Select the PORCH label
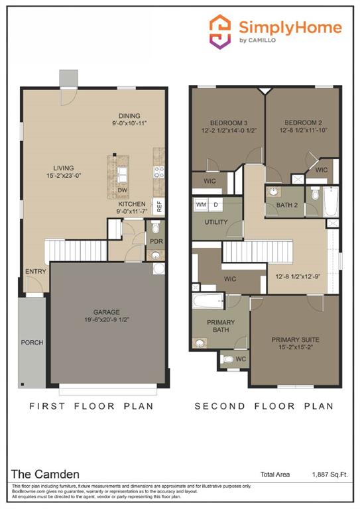coord(32,343)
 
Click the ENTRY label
coord(35,272)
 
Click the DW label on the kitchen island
coord(122,190)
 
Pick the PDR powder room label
coord(156,242)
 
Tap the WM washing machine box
coord(201,205)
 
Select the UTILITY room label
coord(216,222)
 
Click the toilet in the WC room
coord(229,360)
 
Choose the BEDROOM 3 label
coord(229,123)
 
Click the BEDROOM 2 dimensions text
coord(302,131)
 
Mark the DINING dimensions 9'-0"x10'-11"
coord(138,123)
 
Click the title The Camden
coord(44,474)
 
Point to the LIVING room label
coord(64,168)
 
